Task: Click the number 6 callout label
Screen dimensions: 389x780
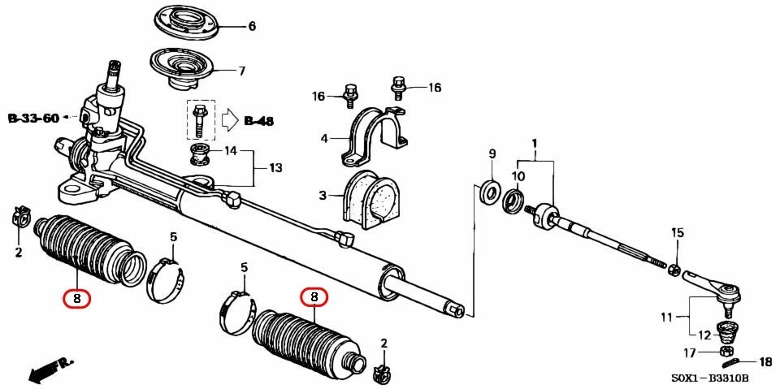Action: [252, 27]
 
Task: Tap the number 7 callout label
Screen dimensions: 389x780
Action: [241, 71]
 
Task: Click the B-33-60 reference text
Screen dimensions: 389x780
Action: [33, 119]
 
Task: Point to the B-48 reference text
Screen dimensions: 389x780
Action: [258, 122]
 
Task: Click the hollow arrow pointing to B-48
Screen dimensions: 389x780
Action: [231, 121]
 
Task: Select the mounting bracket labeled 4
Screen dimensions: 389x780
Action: [376, 133]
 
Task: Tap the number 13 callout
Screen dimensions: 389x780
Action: [275, 168]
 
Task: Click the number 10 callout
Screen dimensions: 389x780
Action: [518, 176]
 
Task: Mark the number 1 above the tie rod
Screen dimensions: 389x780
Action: [535, 144]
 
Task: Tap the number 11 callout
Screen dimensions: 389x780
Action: [666, 317]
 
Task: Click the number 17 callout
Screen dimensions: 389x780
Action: [690, 352]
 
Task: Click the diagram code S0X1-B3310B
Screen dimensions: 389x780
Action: [709, 379]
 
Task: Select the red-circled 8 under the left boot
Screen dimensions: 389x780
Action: [76, 298]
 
